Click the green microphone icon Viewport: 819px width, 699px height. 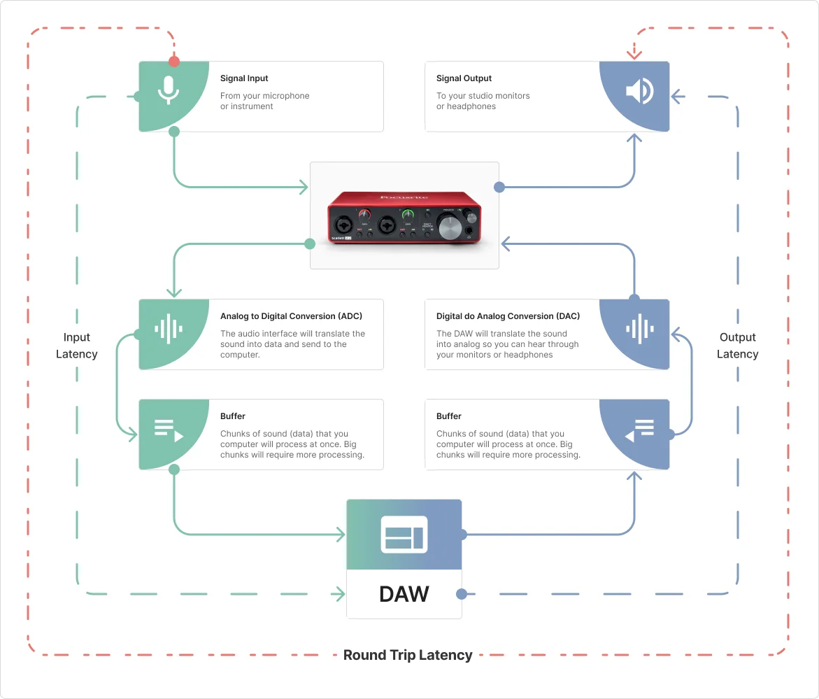click(167, 90)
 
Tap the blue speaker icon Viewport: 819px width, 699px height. click(640, 91)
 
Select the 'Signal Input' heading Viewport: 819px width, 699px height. click(244, 78)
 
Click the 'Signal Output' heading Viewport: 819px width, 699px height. click(464, 78)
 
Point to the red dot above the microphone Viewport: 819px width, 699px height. click(174, 62)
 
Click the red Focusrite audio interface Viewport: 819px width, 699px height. click(404, 216)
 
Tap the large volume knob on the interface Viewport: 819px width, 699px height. click(448, 227)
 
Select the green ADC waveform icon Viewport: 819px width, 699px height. click(168, 328)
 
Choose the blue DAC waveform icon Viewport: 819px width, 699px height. click(640, 328)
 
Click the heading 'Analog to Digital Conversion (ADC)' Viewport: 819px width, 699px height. click(291, 316)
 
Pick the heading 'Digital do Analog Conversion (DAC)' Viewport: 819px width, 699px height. click(508, 316)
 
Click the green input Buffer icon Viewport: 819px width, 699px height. click(168, 429)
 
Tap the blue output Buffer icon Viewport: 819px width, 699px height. click(640, 429)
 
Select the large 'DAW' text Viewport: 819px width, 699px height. click(404, 594)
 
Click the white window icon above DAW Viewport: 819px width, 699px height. click(404, 535)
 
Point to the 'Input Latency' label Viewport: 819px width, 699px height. click(77, 346)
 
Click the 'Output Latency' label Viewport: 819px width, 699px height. click(738, 346)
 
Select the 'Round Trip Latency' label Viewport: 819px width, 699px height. click(408, 656)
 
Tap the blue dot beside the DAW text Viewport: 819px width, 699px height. click(461, 594)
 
